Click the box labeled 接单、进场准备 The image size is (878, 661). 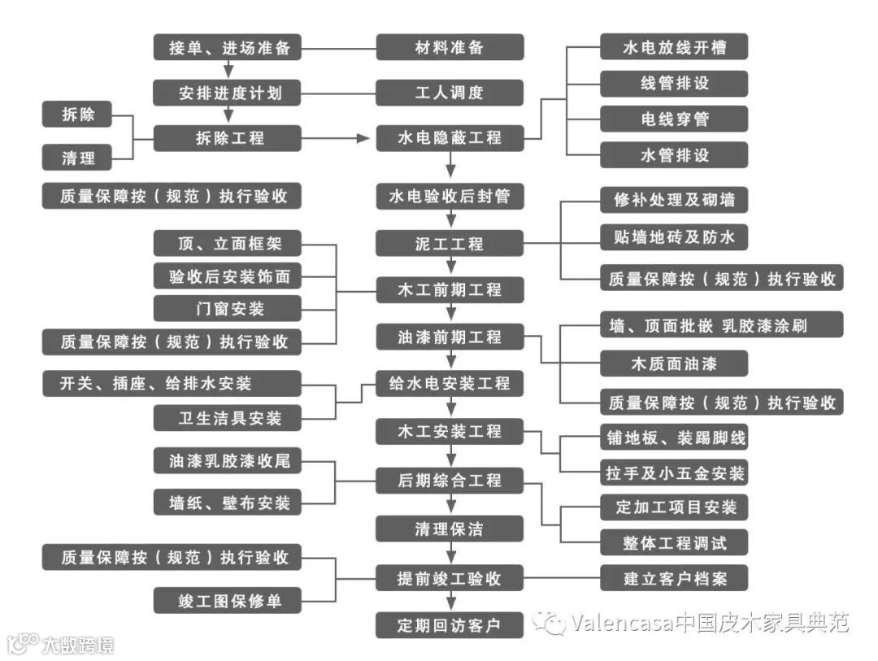tap(228, 47)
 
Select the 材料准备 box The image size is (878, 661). tap(450, 47)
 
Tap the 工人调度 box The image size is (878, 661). tap(450, 93)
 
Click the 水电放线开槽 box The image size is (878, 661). tap(674, 47)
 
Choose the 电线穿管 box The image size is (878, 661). tap(674, 119)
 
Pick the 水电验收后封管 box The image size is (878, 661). tap(450, 197)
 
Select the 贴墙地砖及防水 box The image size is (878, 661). tap(674, 237)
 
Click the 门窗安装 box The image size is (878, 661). tap(228, 309)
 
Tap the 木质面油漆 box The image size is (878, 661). tap(674, 363)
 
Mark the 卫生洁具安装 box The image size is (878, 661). tap(228, 419)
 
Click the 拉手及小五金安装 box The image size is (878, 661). tap(674, 472)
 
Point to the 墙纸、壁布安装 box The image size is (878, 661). tap(228, 503)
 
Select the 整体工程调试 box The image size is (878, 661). tap(674, 541)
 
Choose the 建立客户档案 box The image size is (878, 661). tap(674, 579)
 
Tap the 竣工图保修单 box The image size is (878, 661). tap(228, 602)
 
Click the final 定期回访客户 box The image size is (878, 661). tap(450, 625)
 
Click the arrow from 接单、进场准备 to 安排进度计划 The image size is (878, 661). tap(228, 71)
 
